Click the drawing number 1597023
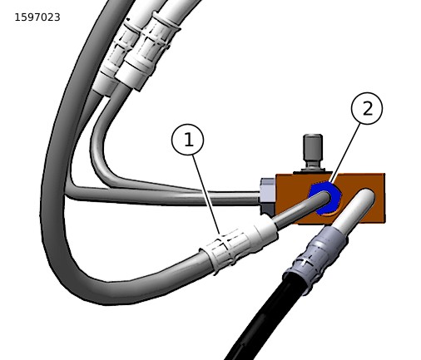coord(37,17)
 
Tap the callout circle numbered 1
coord(188,140)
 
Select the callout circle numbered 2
coord(367,108)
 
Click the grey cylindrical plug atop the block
coord(313,151)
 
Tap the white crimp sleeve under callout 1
coord(239,244)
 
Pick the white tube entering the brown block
coord(356,207)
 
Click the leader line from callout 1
coord(206,195)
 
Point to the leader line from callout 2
coord(346,153)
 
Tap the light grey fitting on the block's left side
coord(268,190)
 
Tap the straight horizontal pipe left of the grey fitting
coord(164,197)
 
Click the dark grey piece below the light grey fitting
coord(268,209)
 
